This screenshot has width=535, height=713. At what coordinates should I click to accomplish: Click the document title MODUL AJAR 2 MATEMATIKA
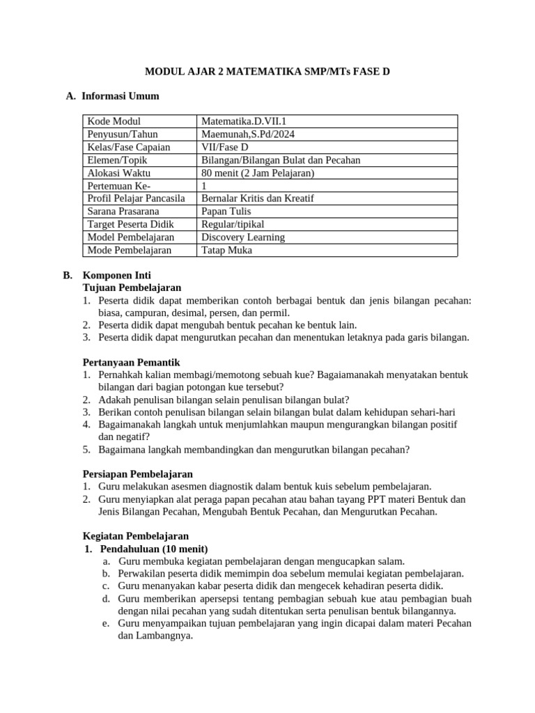click(267, 71)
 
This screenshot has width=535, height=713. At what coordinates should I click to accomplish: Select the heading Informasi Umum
click(120, 96)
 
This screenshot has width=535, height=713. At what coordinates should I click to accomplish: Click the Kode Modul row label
click(114, 122)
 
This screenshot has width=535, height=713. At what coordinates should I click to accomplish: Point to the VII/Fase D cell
click(225, 148)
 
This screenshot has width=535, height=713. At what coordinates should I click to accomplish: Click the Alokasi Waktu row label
click(119, 173)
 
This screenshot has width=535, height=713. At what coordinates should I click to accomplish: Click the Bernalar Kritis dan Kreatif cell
click(258, 198)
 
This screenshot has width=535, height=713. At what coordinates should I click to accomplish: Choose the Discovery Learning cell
click(243, 237)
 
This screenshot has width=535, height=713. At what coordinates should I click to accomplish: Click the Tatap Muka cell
click(226, 250)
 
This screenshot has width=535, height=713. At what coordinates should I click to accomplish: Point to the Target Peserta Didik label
click(131, 224)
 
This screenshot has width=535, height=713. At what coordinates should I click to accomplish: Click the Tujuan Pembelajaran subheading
click(132, 288)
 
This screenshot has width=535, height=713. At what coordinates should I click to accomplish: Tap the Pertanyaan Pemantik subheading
click(132, 362)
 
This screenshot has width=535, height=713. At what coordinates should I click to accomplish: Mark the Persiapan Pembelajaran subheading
click(137, 474)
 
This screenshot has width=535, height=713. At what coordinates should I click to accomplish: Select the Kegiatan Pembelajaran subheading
click(135, 536)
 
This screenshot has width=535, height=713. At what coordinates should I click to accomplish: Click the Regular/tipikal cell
click(233, 224)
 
